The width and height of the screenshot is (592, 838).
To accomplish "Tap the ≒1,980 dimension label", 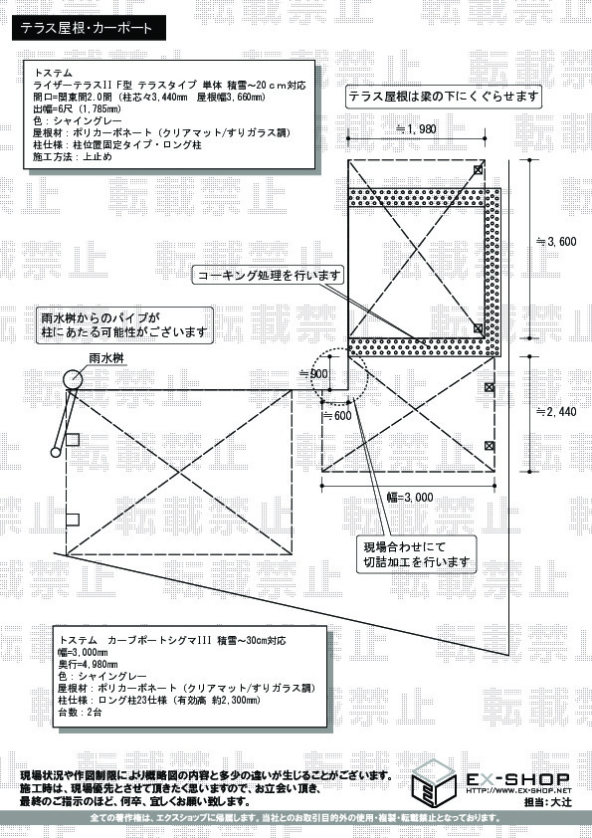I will coord(416,129).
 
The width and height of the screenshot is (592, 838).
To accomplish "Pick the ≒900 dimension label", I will coord(313,372).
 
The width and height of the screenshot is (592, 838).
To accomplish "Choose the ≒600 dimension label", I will coord(339,416).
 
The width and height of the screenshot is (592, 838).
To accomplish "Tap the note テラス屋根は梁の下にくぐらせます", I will coord(444,97).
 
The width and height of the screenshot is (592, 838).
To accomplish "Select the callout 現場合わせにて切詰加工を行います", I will coord(415,554).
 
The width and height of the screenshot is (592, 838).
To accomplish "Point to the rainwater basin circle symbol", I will coord(75,379).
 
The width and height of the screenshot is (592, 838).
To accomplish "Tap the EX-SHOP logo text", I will coord(516,777).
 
